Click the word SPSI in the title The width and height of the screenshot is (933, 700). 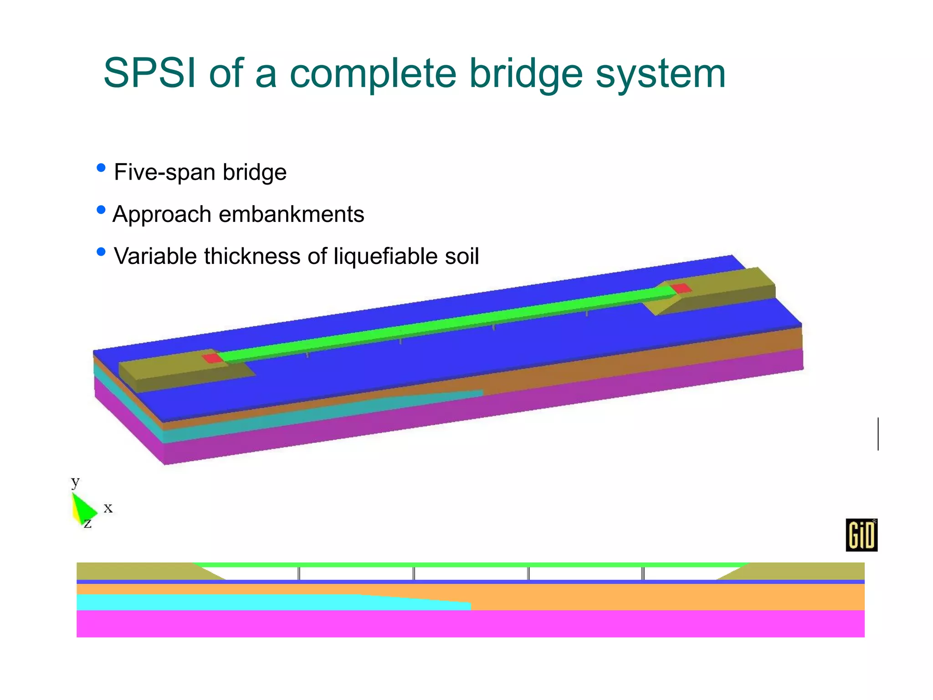(x=149, y=73)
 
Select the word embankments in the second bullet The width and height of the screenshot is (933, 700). (x=291, y=214)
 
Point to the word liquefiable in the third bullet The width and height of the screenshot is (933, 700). (x=385, y=256)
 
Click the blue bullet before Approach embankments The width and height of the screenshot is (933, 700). (x=101, y=210)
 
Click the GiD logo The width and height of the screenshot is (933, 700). (x=861, y=535)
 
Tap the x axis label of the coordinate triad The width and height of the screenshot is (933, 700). (x=108, y=508)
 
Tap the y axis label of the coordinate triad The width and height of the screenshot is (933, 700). (x=75, y=481)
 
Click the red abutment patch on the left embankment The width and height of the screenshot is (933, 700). (x=212, y=358)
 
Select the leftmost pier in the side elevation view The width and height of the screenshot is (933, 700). (x=299, y=574)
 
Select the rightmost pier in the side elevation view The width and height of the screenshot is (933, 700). (x=643, y=574)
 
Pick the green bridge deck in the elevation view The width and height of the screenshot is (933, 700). (x=469, y=565)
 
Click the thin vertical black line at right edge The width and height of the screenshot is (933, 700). (x=878, y=434)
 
